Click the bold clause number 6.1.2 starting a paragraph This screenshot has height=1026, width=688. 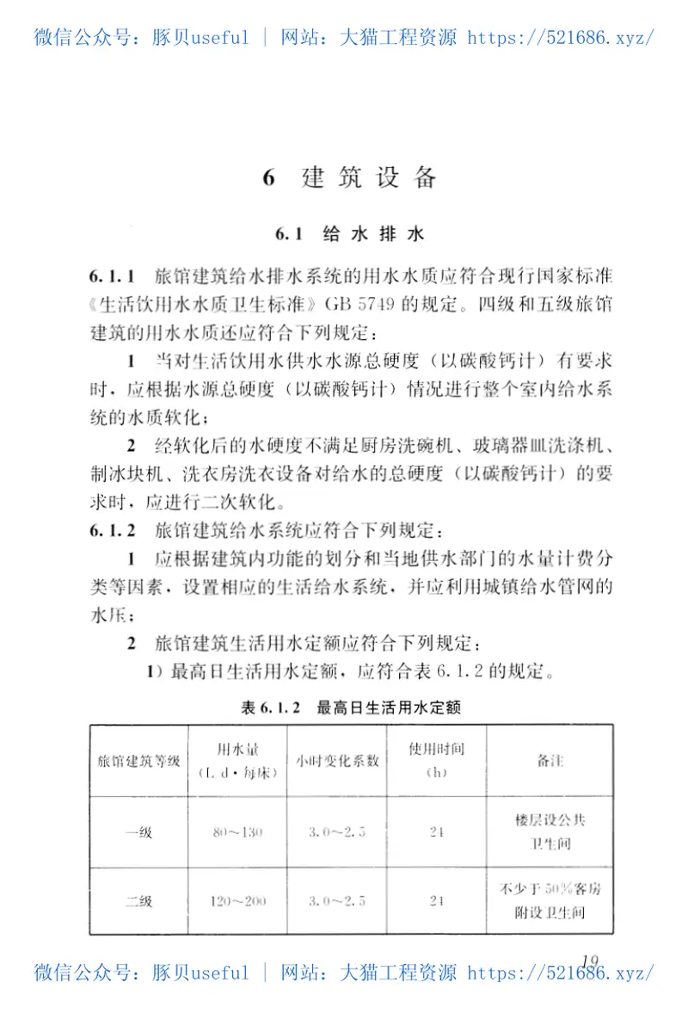[113, 529]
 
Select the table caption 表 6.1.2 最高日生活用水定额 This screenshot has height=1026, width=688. [352, 708]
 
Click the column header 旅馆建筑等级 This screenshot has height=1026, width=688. [138, 761]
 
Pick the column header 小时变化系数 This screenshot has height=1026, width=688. [337, 761]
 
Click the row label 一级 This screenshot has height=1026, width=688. [138, 832]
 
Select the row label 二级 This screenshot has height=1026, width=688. [138, 901]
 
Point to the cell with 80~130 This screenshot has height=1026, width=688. [237, 832]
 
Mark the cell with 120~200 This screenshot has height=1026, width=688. [238, 901]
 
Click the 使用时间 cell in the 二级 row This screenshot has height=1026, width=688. [436, 901]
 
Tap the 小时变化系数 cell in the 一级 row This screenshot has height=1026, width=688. [337, 832]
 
